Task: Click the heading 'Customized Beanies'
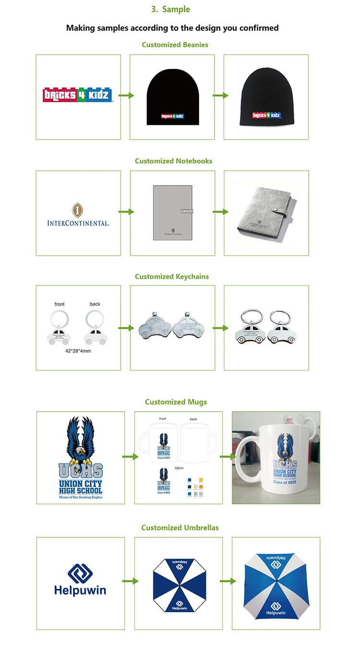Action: point(175,45)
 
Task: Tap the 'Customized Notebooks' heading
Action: point(173,161)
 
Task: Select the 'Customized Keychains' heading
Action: point(172,276)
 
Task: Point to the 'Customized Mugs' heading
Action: point(176,402)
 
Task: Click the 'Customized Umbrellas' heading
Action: point(180,527)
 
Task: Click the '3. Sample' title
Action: point(170,9)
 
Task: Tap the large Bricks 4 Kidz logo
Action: point(78,95)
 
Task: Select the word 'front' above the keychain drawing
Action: point(60,304)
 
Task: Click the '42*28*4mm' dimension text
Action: point(78,351)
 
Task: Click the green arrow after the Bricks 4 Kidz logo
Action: point(126,95)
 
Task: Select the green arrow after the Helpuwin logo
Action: point(130,581)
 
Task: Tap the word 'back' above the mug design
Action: point(193,419)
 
